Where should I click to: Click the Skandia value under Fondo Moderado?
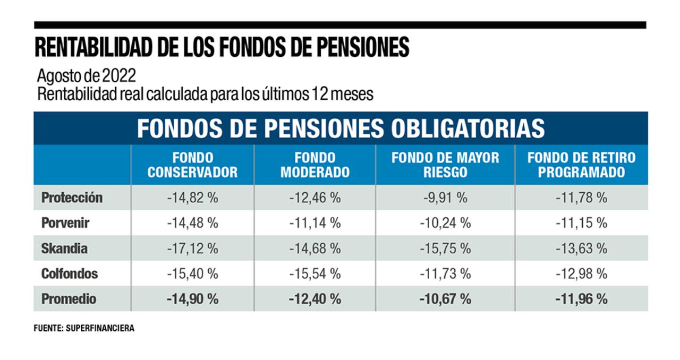[314, 248]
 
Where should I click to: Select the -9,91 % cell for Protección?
[445, 198]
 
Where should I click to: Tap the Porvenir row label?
[65, 223]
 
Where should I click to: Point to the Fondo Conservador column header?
[192, 165]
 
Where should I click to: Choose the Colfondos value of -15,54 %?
[314, 274]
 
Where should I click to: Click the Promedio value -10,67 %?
[445, 299]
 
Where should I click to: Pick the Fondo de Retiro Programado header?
[581, 165]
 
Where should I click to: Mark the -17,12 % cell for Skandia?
[192, 248]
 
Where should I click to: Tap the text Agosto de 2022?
[87, 76]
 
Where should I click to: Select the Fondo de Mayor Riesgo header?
[445, 165]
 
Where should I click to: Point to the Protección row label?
[72, 198]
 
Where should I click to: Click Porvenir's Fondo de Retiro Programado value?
[581, 223]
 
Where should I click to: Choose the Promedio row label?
[69, 299]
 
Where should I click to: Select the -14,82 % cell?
[192, 198]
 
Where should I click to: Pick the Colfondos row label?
[70, 274]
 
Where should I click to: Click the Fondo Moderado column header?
[314, 165]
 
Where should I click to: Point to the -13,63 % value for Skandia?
[581, 248]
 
